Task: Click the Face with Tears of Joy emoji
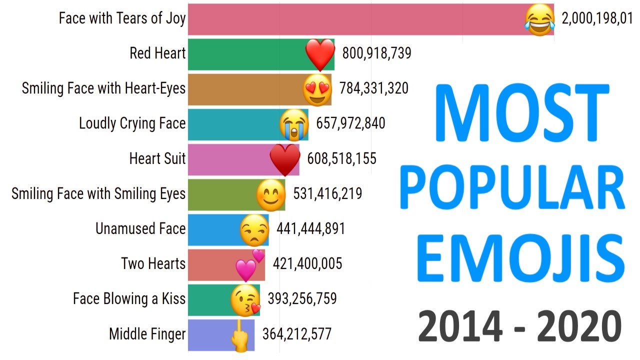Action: pos(539,20)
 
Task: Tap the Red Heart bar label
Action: pos(157,53)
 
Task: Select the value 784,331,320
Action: pos(373,88)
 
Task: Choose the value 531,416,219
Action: pos(327,193)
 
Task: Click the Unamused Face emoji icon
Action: pos(253,229)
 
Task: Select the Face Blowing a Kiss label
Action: pos(129,299)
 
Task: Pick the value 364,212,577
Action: pos(296,334)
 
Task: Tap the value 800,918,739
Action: pos(376,53)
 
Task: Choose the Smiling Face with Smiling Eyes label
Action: pos(98,194)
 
